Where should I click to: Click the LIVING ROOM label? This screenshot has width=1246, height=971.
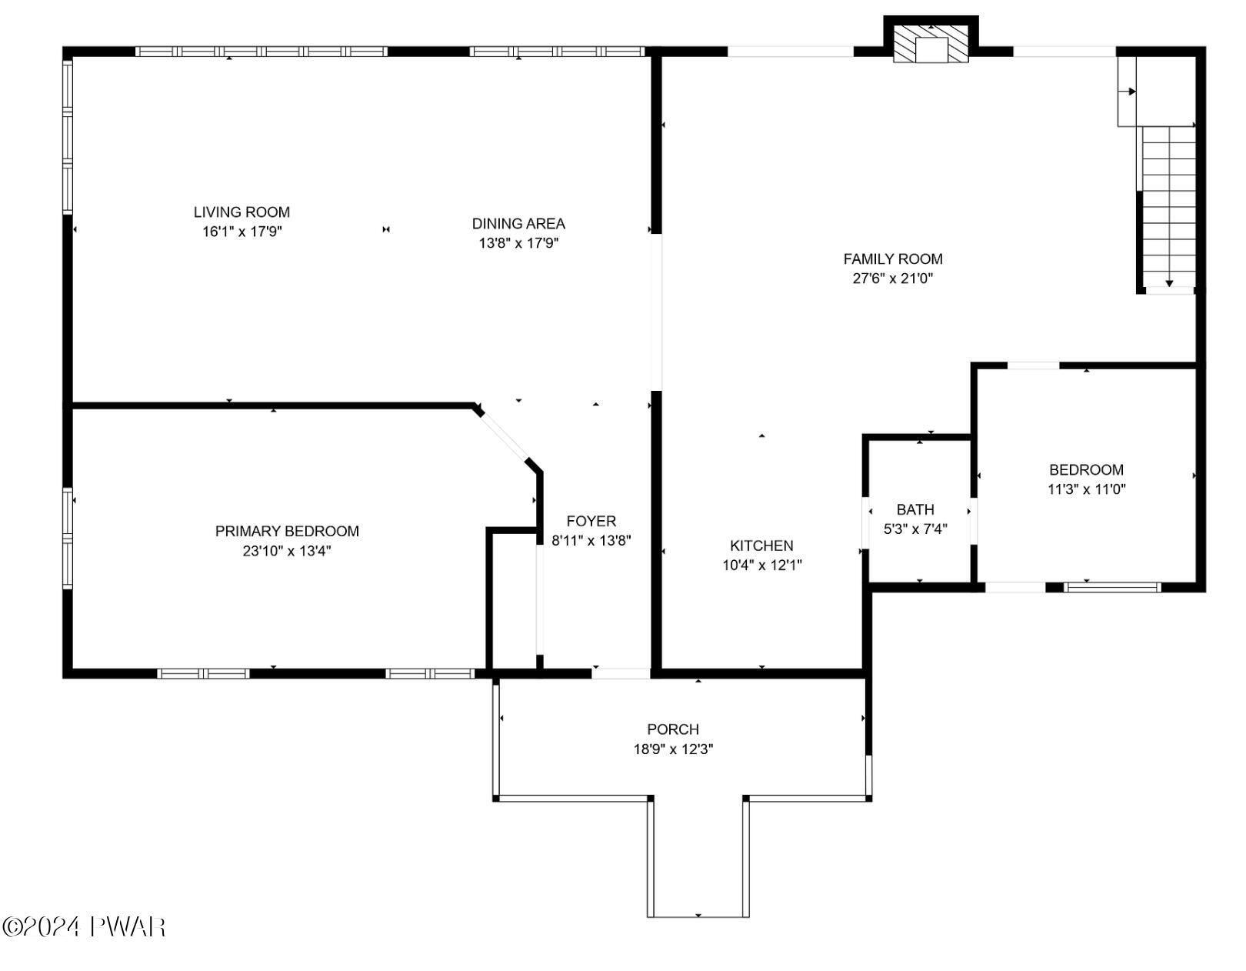coord(242,212)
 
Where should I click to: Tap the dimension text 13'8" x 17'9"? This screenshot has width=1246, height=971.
coord(518,243)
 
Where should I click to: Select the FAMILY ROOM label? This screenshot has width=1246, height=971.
coord(892,259)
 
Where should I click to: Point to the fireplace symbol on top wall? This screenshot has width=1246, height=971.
coord(931,43)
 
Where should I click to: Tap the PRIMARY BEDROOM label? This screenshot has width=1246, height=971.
coord(287,531)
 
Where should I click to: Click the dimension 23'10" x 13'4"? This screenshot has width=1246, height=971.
coord(287,551)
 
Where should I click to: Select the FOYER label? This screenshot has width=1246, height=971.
coord(591,521)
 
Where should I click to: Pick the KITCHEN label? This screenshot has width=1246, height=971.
coord(761,546)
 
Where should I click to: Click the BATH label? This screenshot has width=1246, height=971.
coord(915,509)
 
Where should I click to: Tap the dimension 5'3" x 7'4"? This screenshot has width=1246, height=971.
coord(915,529)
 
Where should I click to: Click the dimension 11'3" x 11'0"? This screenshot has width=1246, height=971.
coord(1086,489)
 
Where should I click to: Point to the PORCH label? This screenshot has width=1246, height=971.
coord(673,729)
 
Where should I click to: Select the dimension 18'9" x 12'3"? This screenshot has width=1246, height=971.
coord(673,749)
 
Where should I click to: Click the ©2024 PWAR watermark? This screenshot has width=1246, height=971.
coord(84,926)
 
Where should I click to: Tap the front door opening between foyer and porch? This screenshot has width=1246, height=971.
coord(621,673)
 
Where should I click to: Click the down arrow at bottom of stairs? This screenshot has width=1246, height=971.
coord(1169,283)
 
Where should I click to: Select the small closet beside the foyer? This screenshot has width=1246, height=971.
coord(513,600)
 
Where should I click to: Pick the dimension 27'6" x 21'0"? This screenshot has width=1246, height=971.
coord(892,279)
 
